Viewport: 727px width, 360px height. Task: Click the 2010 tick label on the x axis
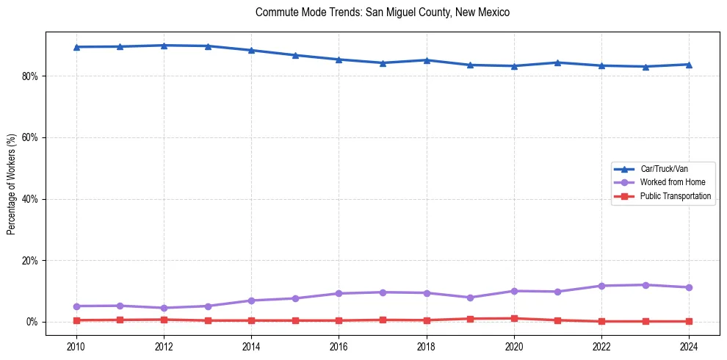pos(76,345)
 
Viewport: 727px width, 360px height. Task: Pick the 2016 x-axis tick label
pos(339,345)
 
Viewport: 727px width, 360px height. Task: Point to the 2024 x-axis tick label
pos(689,345)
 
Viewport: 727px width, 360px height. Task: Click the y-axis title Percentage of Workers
pos(12,184)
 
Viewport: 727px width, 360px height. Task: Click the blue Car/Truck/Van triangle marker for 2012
pos(164,46)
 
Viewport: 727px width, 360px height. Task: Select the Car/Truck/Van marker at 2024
pos(689,64)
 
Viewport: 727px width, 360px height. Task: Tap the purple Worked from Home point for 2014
pos(251,300)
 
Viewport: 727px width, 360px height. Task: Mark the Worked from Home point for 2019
pos(470,298)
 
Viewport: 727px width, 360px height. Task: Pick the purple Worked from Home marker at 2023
pos(645,285)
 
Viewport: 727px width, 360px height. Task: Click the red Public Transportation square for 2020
pos(514,318)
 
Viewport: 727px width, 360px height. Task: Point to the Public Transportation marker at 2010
pos(76,320)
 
